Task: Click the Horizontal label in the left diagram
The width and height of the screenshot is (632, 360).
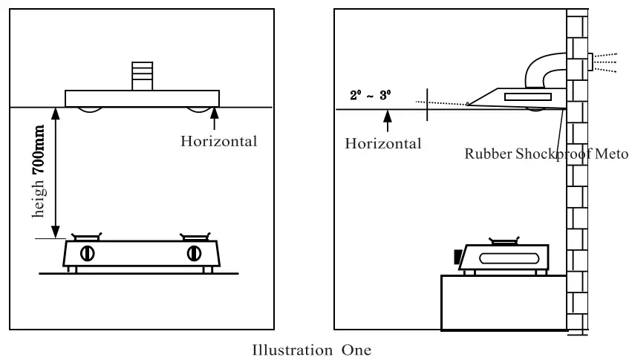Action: click(x=219, y=142)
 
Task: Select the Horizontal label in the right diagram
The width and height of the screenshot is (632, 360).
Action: click(x=383, y=143)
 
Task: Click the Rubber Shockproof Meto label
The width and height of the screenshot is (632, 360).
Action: click(x=547, y=155)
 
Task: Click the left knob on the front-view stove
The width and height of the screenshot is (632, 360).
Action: click(x=87, y=252)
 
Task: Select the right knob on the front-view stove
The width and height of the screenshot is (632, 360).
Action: click(x=194, y=252)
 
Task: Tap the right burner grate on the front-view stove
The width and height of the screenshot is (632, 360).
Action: click(x=194, y=238)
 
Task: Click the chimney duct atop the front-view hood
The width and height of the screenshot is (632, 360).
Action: click(x=142, y=75)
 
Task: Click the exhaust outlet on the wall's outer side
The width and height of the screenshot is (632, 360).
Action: click(x=590, y=62)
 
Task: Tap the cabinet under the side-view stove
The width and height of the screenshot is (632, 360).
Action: click(x=503, y=302)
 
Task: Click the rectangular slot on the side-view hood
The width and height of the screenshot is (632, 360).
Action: click(x=527, y=96)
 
